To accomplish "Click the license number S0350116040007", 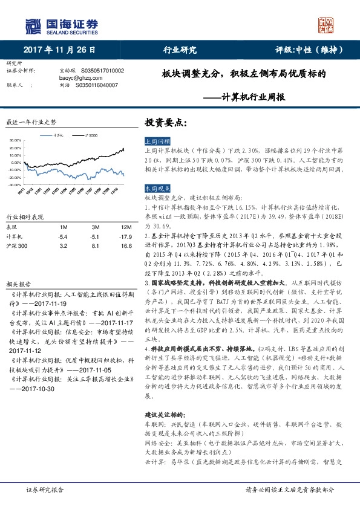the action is click(97, 86).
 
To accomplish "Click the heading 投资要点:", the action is click(162, 122).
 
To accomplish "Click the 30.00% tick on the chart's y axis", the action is click(16, 140).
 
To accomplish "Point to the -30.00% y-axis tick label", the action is click(15, 184).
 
